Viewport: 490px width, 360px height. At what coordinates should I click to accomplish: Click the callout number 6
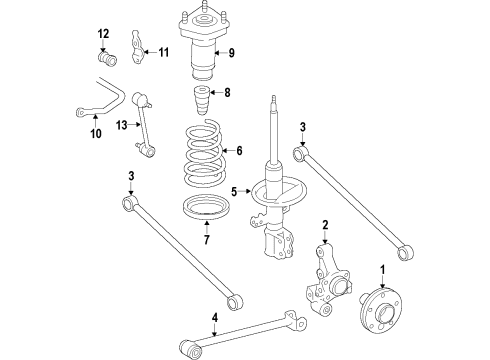237,152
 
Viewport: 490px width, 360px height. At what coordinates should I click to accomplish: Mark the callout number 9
231,53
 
